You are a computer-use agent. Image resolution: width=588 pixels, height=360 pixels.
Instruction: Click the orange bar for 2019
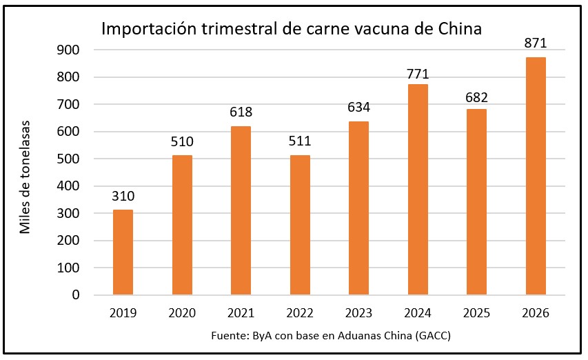click(x=123, y=252)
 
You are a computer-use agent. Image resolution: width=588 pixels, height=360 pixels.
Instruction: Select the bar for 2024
click(x=418, y=190)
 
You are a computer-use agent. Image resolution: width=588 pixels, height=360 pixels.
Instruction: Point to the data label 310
click(x=123, y=197)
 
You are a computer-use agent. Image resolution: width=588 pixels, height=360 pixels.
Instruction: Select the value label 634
click(x=358, y=108)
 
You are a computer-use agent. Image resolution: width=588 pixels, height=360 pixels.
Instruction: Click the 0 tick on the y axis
click(x=76, y=295)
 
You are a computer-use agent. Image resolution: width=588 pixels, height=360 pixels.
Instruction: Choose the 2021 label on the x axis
click(x=241, y=313)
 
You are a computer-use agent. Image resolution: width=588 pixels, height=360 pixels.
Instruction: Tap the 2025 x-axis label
click(x=476, y=313)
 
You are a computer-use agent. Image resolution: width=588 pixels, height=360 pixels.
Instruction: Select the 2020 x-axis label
click(x=182, y=313)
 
